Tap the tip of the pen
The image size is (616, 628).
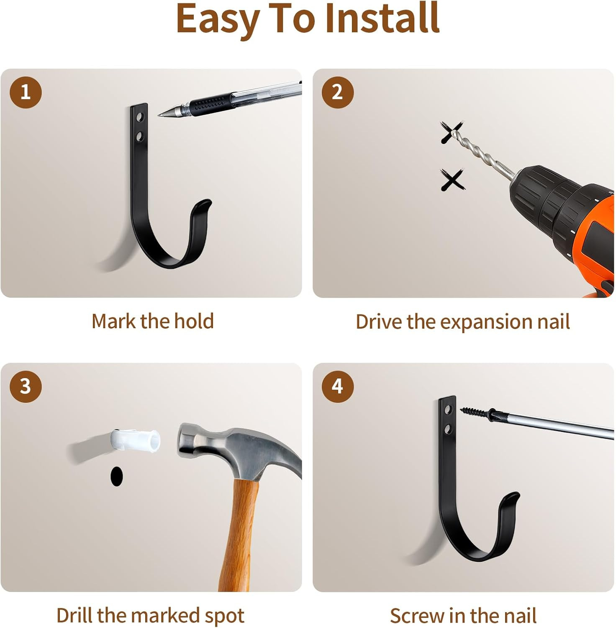[x=159, y=115]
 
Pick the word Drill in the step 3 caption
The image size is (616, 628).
[x=74, y=615]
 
